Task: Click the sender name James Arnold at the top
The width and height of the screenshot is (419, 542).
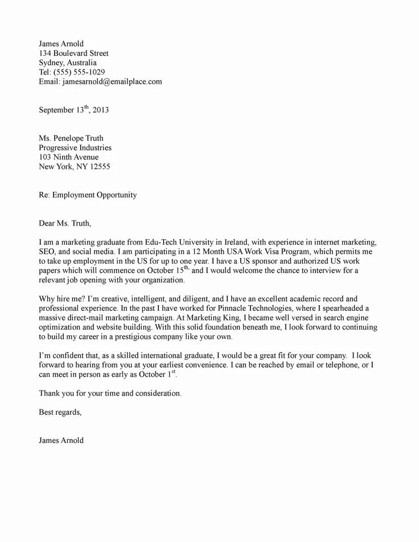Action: [61, 44]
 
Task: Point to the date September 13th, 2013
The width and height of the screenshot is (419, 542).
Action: [73, 110]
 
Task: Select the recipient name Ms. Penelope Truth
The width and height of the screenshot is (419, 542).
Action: [71, 138]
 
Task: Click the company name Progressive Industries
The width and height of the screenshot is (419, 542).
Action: [75, 147]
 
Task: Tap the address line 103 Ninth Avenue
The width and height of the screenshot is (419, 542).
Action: [68, 157]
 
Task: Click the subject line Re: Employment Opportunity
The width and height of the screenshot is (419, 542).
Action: [88, 195]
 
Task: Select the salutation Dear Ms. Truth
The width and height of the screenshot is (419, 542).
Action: [64, 223]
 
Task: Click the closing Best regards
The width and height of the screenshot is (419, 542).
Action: [60, 412]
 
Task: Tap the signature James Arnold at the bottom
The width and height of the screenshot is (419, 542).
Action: [61, 440]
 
